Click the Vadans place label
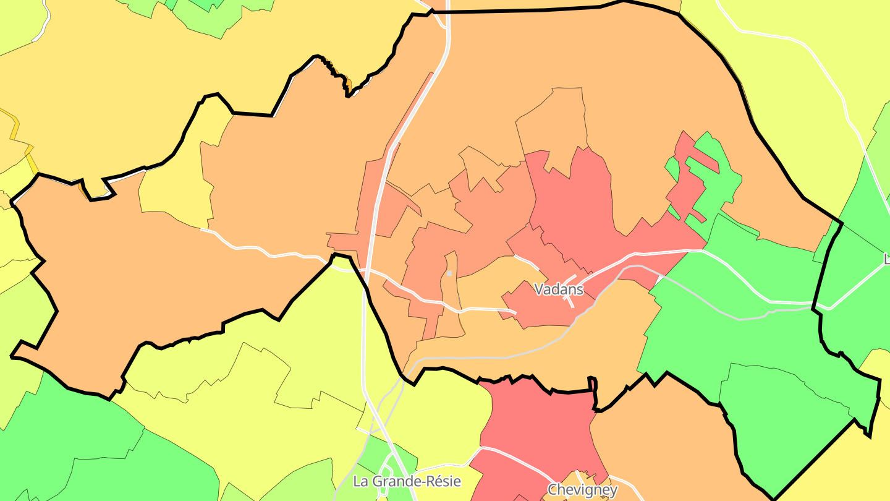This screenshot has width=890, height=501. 558,289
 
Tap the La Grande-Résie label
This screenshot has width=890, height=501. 407,481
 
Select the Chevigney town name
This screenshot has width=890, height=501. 582,490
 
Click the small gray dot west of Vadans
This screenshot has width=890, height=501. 449,273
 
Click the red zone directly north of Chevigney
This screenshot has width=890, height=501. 538,421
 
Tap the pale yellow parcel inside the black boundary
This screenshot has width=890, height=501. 173,186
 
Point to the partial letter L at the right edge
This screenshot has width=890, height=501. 886,259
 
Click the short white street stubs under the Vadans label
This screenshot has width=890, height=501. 570,299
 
